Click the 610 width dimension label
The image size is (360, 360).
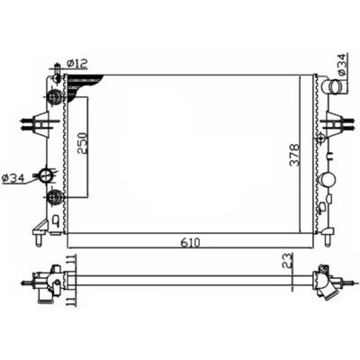pyautogui.click(x=190, y=242)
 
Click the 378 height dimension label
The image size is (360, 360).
pyautogui.click(x=295, y=155)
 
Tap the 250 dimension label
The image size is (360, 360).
pyautogui.click(x=83, y=143)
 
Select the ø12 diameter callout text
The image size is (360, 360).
pyautogui.click(x=76, y=63)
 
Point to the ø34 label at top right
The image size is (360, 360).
pyautogui.click(x=342, y=64)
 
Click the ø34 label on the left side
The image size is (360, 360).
pyautogui.click(x=13, y=179)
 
